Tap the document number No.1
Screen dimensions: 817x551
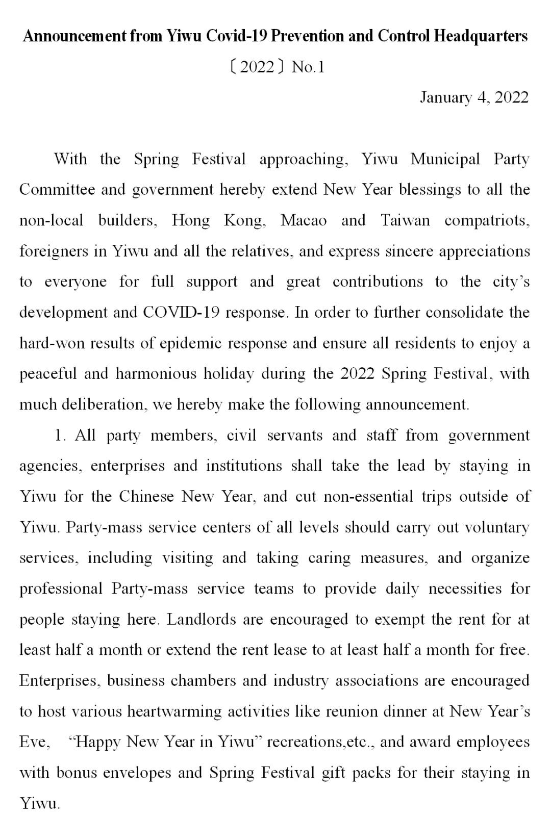(x=308, y=67)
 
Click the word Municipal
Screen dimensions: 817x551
(x=445, y=159)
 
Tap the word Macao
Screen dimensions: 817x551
(x=304, y=220)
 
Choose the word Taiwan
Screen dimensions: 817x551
(x=405, y=220)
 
